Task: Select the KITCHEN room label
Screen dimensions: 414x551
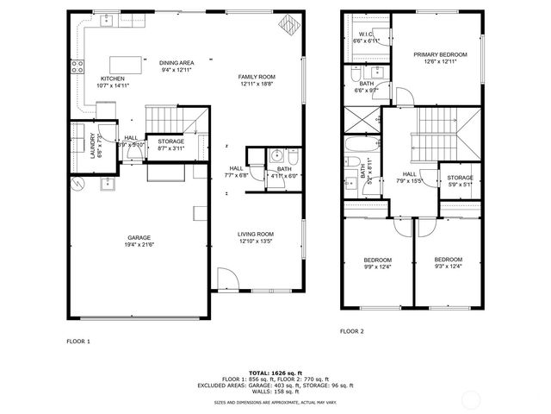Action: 113,78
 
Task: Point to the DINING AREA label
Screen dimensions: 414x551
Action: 176,62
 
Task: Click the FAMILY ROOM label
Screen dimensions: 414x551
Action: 256,77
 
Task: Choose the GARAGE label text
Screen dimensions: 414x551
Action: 139,237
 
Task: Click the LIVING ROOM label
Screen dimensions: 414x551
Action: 256,234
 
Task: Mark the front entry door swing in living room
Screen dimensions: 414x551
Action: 226,279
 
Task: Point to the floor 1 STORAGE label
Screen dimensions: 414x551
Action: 171,141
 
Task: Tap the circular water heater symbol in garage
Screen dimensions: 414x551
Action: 77,183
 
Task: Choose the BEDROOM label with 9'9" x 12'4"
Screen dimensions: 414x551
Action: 377,260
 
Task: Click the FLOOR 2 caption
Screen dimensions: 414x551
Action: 351,331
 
